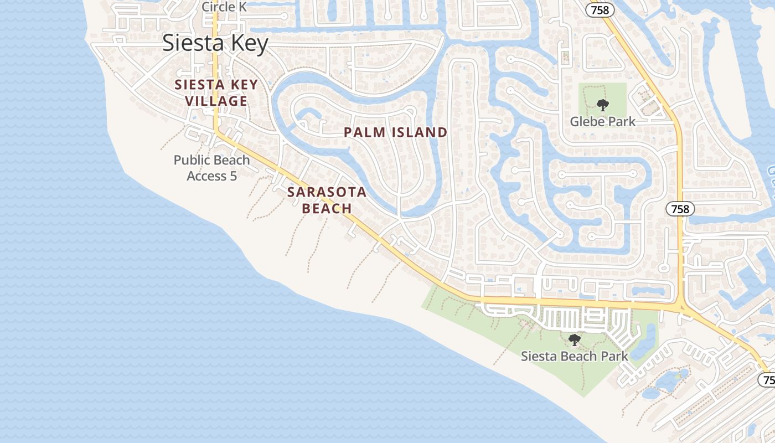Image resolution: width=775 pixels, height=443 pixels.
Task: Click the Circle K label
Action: click(224, 7)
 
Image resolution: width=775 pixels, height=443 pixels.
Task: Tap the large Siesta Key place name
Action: click(215, 43)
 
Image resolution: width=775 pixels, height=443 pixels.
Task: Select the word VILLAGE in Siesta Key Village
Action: click(216, 101)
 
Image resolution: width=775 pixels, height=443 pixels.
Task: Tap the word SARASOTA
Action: click(327, 192)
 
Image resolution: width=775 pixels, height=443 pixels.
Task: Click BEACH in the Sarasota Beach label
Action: click(327, 208)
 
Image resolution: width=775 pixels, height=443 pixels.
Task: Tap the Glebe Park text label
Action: click(602, 121)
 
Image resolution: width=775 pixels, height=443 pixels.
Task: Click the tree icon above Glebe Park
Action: click(602, 105)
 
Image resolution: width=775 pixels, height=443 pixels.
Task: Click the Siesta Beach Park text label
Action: click(574, 356)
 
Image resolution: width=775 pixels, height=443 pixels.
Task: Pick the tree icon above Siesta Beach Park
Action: click(574, 339)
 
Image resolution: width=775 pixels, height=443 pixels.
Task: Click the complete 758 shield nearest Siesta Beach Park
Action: click(679, 209)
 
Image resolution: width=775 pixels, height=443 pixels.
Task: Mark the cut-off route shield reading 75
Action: click(767, 380)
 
